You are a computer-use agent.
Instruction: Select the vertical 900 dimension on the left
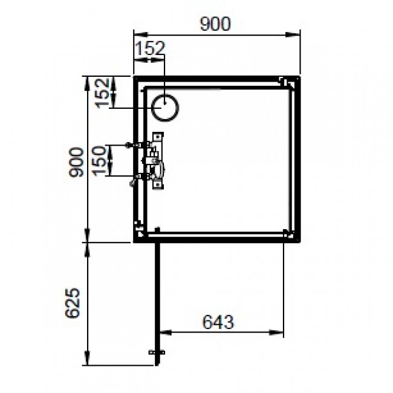(x=76, y=162)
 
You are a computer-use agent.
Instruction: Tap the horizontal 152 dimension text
(x=149, y=50)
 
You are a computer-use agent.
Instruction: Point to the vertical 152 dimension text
(x=101, y=93)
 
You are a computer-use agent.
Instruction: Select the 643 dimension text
(x=217, y=322)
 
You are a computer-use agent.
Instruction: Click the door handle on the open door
(x=156, y=352)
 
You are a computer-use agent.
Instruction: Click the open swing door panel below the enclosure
(x=157, y=296)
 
